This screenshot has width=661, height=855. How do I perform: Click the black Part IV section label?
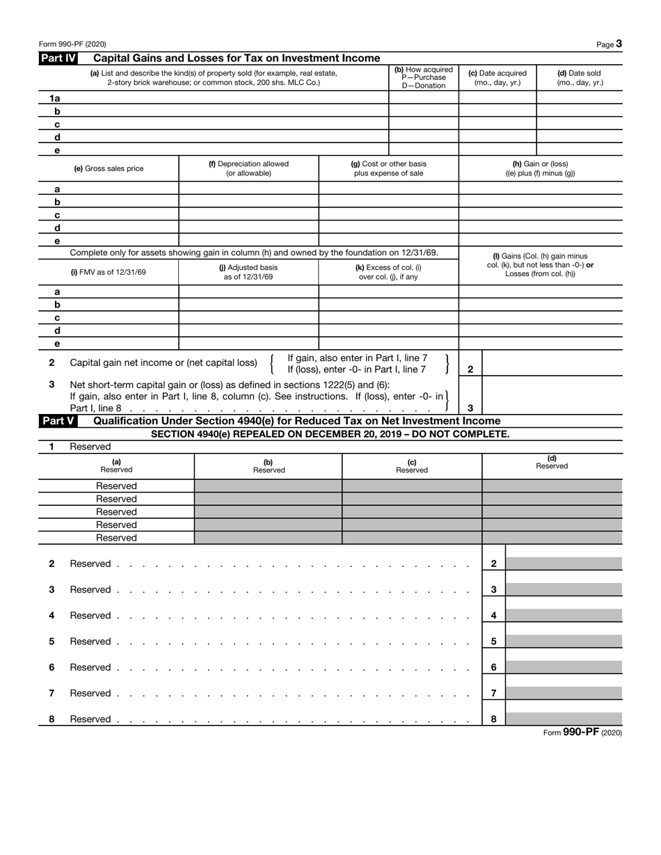tap(58, 58)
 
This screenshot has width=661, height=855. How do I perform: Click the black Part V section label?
tap(58, 421)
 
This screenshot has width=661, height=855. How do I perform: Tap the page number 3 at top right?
tap(619, 44)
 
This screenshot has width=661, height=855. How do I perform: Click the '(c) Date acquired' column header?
tap(497, 77)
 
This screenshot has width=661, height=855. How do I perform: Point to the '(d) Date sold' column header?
tap(580, 77)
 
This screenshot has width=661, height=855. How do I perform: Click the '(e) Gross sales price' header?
tap(109, 168)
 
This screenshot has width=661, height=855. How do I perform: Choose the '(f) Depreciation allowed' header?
tap(248, 168)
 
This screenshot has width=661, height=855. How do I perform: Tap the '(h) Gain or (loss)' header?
tap(540, 168)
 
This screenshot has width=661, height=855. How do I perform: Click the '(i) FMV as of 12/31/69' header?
tap(109, 272)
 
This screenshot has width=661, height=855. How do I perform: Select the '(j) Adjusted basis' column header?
tap(248, 272)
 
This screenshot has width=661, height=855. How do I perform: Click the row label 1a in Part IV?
tap(56, 99)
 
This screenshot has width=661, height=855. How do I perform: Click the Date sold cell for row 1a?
tap(580, 99)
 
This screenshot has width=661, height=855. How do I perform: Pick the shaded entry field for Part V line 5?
tap(564, 641)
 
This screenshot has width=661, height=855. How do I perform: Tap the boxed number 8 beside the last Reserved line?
tap(493, 719)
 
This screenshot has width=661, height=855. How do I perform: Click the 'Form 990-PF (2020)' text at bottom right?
tap(582, 732)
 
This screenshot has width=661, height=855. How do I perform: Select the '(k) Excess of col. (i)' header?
tap(388, 272)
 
